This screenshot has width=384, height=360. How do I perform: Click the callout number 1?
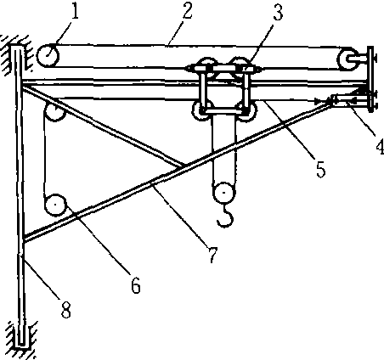75,11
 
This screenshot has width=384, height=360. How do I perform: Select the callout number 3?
278,12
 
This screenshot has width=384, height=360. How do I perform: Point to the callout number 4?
380,146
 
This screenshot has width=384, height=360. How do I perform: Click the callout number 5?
320,169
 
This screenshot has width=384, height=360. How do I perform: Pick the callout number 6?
136,284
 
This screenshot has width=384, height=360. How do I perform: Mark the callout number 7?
212,255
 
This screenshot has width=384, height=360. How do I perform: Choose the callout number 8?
65,308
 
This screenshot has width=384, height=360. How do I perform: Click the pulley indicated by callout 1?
48,55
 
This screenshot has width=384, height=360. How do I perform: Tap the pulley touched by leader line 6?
55,205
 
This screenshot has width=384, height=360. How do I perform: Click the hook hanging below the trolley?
226,217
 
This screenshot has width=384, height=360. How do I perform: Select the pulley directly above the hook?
224,193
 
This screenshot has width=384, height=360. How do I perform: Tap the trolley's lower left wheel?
200,110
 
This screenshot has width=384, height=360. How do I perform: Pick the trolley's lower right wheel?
247,111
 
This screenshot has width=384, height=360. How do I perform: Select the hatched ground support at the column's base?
20,340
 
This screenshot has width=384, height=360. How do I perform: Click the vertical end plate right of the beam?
370,79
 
